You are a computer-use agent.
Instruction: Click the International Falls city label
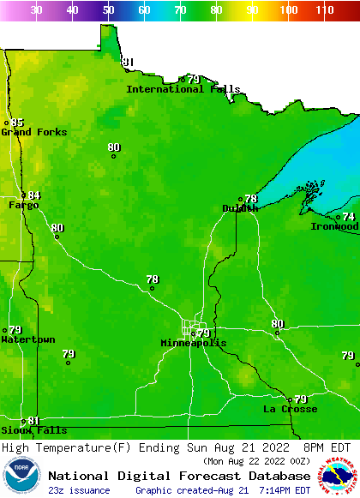click(x=177, y=89)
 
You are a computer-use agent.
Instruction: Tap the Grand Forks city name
click(x=33, y=132)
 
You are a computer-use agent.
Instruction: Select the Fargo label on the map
click(x=23, y=206)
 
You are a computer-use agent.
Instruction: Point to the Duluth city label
click(x=240, y=208)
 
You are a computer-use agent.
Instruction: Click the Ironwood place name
click(x=334, y=226)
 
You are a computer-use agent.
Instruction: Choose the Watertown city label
click(x=27, y=339)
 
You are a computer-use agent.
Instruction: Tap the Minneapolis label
click(x=194, y=343)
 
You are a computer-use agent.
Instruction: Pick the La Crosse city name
click(x=290, y=409)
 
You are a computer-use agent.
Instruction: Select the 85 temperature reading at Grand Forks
click(x=18, y=123)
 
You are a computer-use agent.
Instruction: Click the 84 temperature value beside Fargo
click(x=34, y=195)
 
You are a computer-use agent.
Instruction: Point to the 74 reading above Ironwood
click(x=349, y=217)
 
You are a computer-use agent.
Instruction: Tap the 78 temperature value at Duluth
click(x=250, y=199)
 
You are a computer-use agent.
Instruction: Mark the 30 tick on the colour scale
click(x=36, y=10)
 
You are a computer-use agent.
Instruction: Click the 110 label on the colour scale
click(x=324, y=10)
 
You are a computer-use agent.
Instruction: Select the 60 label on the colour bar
click(x=144, y=10)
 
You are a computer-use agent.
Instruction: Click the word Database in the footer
click(x=275, y=476)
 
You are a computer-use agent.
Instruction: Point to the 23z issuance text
click(x=79, y=490)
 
